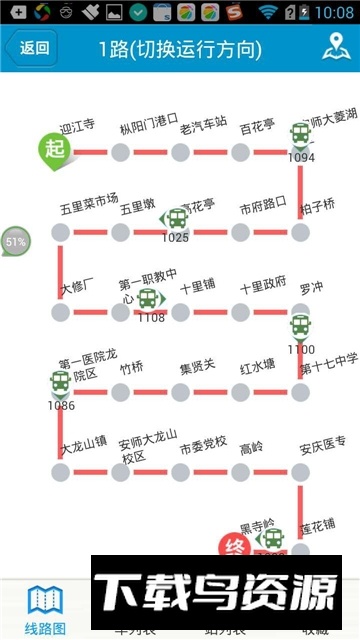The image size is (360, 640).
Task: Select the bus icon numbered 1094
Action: (301, 135)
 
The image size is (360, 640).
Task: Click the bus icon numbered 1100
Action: (301, 327)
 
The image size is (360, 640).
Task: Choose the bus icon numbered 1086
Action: (60, 383)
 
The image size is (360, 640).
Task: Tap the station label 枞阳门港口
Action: (149, 128)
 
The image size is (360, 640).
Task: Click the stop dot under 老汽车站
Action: (180, 152)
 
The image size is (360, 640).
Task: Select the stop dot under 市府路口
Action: (240, 232)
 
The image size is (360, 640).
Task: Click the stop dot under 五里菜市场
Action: (60, 232)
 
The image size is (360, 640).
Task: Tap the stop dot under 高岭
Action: (240, 470)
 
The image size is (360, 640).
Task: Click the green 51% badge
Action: (15, 243)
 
